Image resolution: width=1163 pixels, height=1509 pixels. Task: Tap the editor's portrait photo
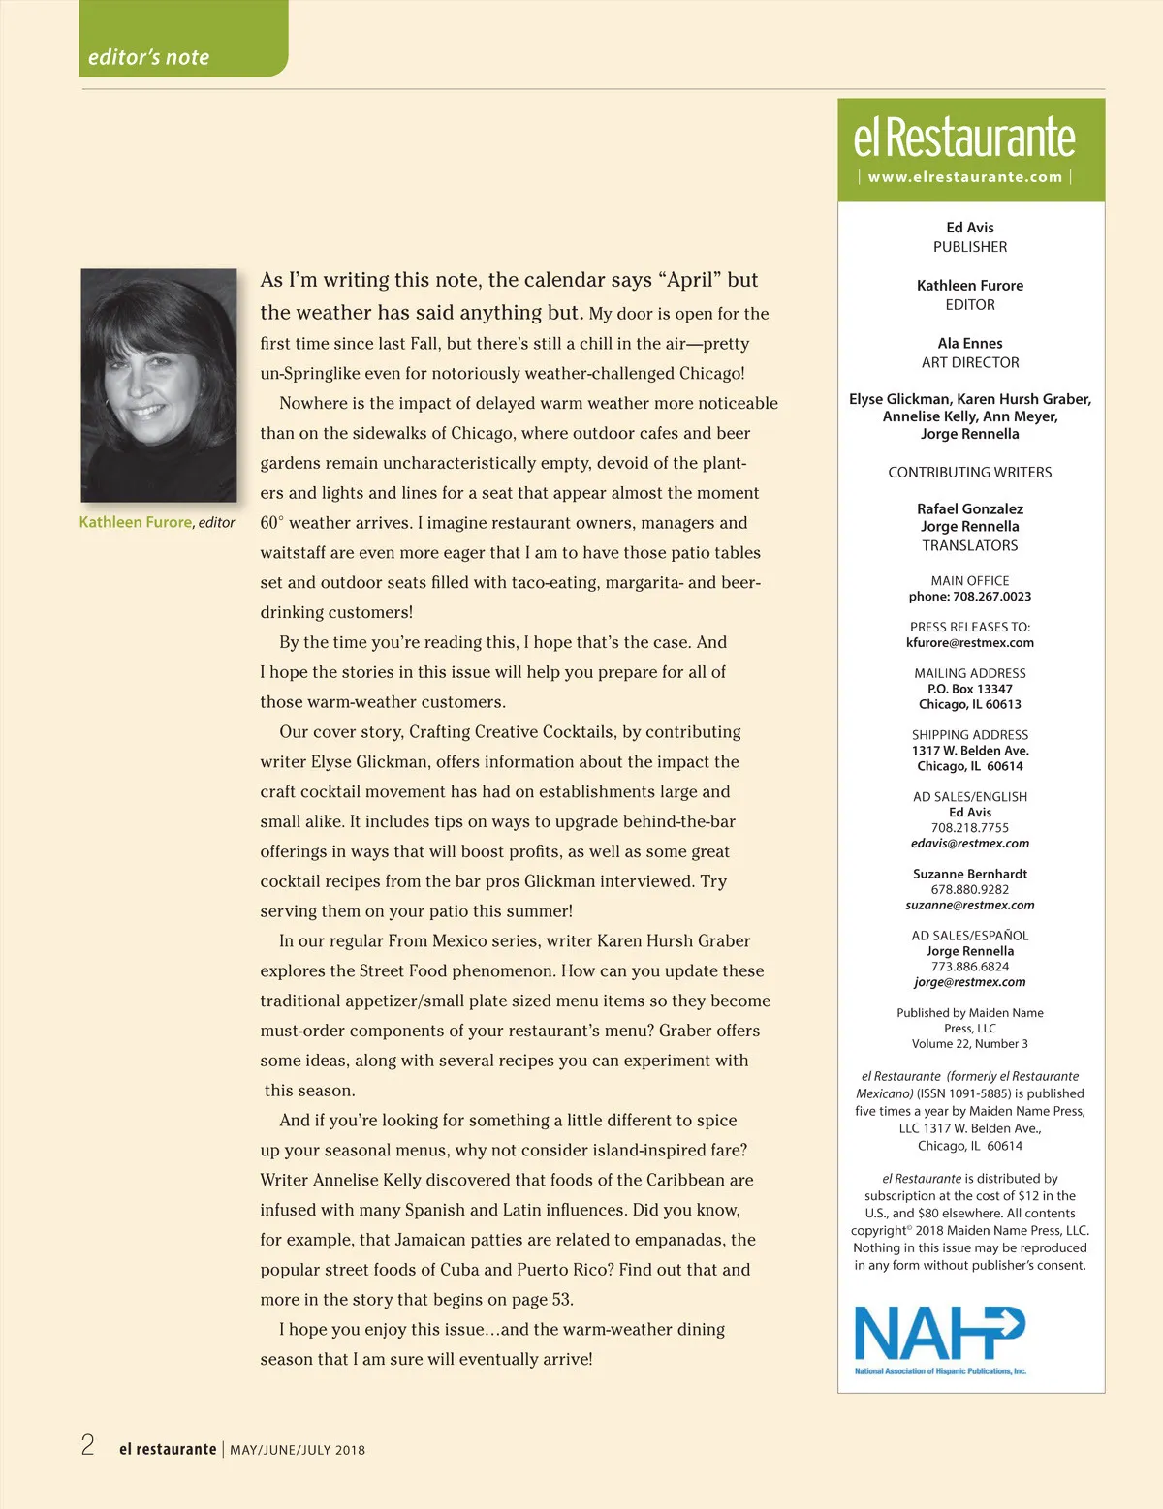tap(159, 385)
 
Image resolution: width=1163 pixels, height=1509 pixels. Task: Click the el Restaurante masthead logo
tap(964, 138)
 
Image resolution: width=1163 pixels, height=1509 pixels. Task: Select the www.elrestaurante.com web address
tap(965, 177)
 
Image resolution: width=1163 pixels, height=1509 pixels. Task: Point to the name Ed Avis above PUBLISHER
tap(970, 228)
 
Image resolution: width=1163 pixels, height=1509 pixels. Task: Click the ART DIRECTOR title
tap(970, 362)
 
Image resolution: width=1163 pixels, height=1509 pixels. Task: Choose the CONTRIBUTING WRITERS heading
tap(970, 473)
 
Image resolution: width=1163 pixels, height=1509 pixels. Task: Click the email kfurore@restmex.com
tap(970, 643)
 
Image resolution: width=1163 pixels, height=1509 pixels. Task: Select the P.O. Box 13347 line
tap(970, 689)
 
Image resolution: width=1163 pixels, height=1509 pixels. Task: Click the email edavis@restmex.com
tap(970, 844)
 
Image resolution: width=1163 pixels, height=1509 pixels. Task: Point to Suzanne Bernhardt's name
tap(970, 874)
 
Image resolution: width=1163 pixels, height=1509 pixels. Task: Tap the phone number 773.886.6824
tap(970, 967)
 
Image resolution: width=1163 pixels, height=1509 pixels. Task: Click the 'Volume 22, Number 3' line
tap(970, 1044)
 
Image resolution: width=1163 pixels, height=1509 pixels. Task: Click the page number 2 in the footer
tap(88, 1446)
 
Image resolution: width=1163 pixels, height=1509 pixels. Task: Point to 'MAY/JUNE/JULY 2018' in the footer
tap(298, 1450)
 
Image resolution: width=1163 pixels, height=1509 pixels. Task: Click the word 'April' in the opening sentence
tap(694, 280)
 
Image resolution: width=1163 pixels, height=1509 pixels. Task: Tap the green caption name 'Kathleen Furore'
tap(136, 522)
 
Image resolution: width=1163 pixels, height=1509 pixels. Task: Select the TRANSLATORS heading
tap(970, 546)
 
